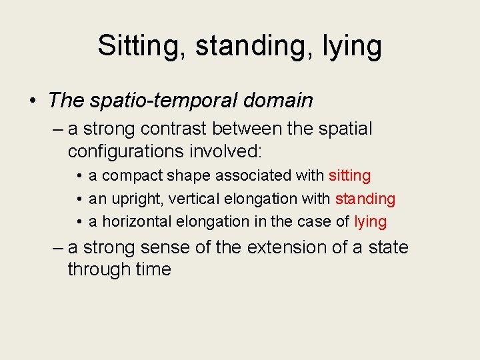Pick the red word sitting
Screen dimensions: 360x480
click(x=349, y=176)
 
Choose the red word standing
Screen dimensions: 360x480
click(x=365, y=199)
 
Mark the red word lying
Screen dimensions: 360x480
click(x=370, y=221)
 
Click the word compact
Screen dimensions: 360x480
click(x=127, y=176)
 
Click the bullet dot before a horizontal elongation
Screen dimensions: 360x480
click(x=79, y=222)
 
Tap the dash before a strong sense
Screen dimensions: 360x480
click(x=58, y=248)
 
